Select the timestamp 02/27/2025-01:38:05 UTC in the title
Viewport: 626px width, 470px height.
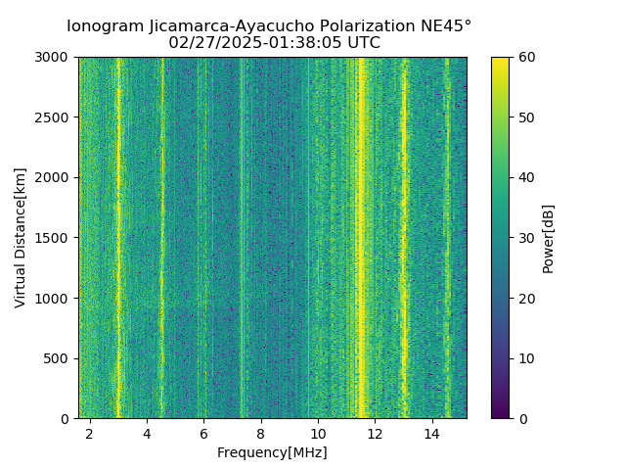pos(274,43)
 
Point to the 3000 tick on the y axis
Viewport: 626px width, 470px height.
pos(56,58)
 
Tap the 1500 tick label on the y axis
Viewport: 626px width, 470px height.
pos(56,238)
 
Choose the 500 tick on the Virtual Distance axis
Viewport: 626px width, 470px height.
pos(60,358)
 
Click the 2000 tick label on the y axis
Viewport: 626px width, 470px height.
pos(56,178)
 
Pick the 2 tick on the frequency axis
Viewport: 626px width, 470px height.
pos(90,433)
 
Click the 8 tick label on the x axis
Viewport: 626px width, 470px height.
pos(261,433)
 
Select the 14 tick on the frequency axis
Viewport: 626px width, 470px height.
pos(431,433)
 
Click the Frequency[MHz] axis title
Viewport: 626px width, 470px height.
pos(272,452)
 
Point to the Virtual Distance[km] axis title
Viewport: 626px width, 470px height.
pos(21,238)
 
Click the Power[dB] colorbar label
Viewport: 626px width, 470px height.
pos(549,238)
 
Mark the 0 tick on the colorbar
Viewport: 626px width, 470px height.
pos(520,418)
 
